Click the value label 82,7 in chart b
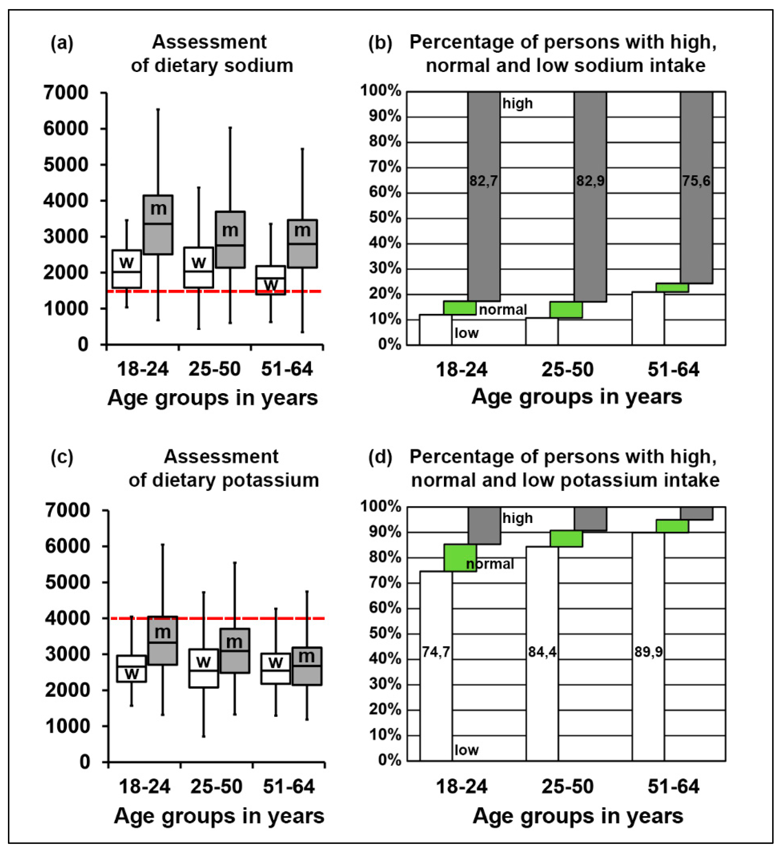click(484, 181)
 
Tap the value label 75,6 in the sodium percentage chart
click(696, 181)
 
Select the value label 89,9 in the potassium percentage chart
click(648, 652)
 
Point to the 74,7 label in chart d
click(436, 652)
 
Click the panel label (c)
click(62, 457)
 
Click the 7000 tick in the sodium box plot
click(66, 93)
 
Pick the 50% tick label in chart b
click(385, 218)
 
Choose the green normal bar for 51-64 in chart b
click(672, 288)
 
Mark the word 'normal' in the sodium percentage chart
click(503, 310)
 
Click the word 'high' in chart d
click(517, 518)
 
